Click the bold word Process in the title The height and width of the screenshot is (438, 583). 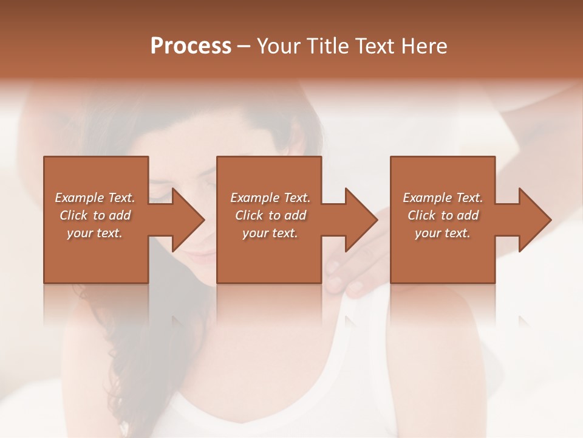tap(191, 46)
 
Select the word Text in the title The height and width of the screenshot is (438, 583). tap(373, 46)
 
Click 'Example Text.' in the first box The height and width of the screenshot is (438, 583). tap(95, 198)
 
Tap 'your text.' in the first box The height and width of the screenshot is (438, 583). tap(95, 233)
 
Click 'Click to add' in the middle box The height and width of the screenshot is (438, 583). tap(270, 215)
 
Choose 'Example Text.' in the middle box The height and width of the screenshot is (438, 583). tap(270, 198)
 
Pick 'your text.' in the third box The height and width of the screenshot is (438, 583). tap(443, 233)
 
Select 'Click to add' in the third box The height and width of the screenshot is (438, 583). tap(443, 215)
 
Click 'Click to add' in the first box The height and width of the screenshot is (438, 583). tap(95, 215)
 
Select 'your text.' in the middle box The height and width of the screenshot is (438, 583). tap(270, 233)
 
